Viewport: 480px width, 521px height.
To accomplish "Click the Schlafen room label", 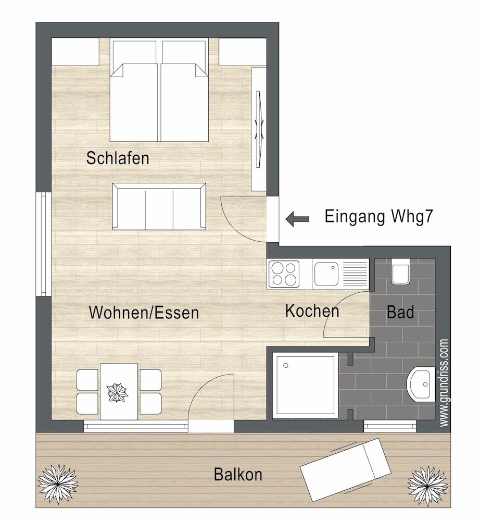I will coord(118,158).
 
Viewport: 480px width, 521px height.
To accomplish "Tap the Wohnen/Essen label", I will coord(144,313).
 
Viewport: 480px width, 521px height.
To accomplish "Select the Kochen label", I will coord(312,311).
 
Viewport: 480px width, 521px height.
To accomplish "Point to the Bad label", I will coord(400,312).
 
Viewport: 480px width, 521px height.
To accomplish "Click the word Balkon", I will coord(238,475).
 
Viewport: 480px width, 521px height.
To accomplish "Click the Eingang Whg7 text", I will coord(378,216).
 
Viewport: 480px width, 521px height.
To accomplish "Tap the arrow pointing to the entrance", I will coord(297,219).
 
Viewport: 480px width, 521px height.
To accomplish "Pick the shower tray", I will coord(304,385).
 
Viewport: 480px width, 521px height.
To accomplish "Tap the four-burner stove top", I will coord(284,274).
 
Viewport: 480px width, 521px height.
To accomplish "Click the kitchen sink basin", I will coord(326,274).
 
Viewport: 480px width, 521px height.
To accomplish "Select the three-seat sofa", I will coord(159,207).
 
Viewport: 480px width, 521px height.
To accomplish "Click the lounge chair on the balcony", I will coord(346,469).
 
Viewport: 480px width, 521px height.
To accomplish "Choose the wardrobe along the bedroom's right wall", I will coord(259,129).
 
